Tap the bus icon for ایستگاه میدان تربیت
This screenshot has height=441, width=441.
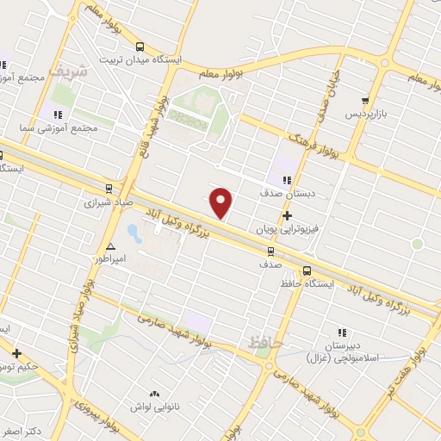click(140, 48)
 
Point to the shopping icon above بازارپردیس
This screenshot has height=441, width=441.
click(366, 100)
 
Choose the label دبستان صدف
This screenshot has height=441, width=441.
click(288, 194)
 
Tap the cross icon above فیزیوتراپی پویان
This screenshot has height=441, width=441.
click(287, 216)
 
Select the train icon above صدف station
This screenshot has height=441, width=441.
click(271, 252)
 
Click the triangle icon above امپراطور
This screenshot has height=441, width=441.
click(110, 246)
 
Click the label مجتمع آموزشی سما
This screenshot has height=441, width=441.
click(61, 127)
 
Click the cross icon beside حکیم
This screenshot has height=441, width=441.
click(16, 353)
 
